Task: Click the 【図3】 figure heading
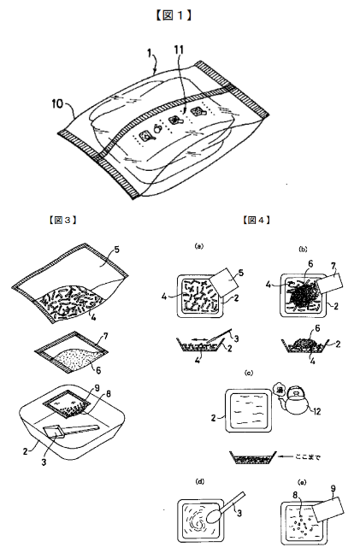click(62, 220)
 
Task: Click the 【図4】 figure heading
click(257, 220)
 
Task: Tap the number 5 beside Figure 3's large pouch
click(117, 251)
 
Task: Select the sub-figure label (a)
click(198, 246)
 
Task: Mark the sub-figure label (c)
click(248, 373)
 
